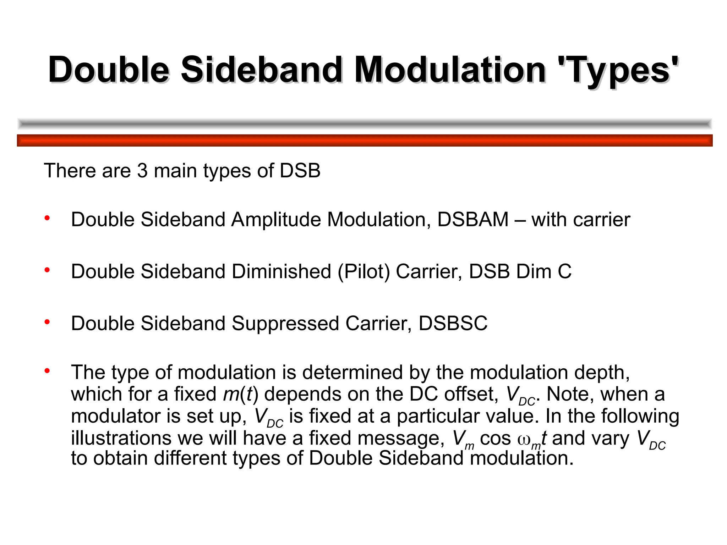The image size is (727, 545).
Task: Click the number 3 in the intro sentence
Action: point(142,171)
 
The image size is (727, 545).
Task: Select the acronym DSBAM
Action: point(473,220)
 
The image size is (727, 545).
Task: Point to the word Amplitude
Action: point(276,220)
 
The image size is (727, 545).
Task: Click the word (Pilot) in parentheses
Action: point(364,272)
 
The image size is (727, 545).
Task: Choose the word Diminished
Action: point(281,272)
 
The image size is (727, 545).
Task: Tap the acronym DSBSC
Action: point(453,324)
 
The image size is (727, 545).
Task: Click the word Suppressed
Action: point(285,324)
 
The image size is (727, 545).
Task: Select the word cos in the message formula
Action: point(495,439)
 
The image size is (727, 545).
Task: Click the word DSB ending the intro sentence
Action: point(300,171)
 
